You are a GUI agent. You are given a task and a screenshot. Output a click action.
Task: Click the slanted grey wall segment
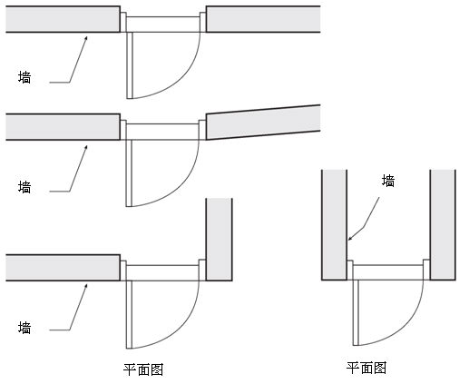263,123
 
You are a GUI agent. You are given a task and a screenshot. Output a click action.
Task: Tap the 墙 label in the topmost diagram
24,77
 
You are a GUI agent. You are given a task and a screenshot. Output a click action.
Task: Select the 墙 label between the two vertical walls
388,181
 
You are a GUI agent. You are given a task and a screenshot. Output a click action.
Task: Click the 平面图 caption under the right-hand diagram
366,368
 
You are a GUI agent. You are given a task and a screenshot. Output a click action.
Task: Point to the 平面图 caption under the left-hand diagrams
143,369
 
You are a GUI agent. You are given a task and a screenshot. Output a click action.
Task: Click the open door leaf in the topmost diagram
130,65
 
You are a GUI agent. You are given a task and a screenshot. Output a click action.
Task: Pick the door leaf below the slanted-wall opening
129,173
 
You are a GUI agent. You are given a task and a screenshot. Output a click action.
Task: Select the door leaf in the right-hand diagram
356,312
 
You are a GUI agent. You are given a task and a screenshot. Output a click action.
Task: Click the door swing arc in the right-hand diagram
406,325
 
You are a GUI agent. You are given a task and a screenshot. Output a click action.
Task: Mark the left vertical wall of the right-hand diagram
334,225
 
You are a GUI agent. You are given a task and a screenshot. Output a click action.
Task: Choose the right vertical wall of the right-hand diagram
443,225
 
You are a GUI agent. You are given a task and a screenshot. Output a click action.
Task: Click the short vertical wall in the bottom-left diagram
219,240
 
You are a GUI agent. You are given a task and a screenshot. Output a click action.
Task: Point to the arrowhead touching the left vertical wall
350,238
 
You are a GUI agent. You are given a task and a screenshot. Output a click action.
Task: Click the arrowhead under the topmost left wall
85,38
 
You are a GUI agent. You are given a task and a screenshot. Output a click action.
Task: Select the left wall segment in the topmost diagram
63,19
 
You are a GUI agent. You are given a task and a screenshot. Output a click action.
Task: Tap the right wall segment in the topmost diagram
263,19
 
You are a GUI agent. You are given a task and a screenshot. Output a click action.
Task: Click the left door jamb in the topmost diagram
123,22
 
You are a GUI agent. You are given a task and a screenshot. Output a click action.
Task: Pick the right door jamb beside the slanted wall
202,130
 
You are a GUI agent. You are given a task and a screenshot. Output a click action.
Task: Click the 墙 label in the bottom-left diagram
24,328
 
